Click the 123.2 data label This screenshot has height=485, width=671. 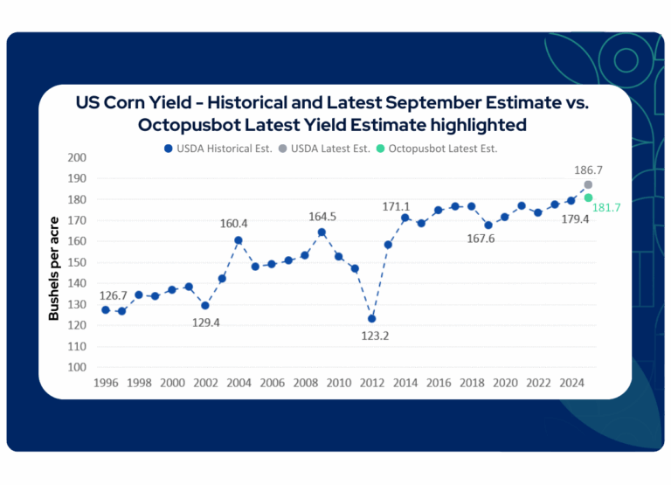(x=370, y=336)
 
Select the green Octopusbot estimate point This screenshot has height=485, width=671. (x=589, y=197)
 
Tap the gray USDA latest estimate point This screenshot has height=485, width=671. (x=588, y=184)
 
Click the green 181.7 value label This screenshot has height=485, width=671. (x=607, y=207)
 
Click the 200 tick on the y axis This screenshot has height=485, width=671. (x=77, y=157)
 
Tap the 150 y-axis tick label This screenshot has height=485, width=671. (x=77, y=262)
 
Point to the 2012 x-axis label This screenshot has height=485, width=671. (x=370, y=383)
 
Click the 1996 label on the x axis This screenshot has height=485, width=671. (x=106, y=383)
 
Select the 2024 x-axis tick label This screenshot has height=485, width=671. (x=571, y=383)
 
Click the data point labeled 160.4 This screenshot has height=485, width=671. (x=239, y=240)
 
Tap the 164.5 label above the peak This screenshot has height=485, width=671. (x=322, y=216)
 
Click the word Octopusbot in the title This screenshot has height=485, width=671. (x=189, y=125)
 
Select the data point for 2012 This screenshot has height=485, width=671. (x=371, y=318)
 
